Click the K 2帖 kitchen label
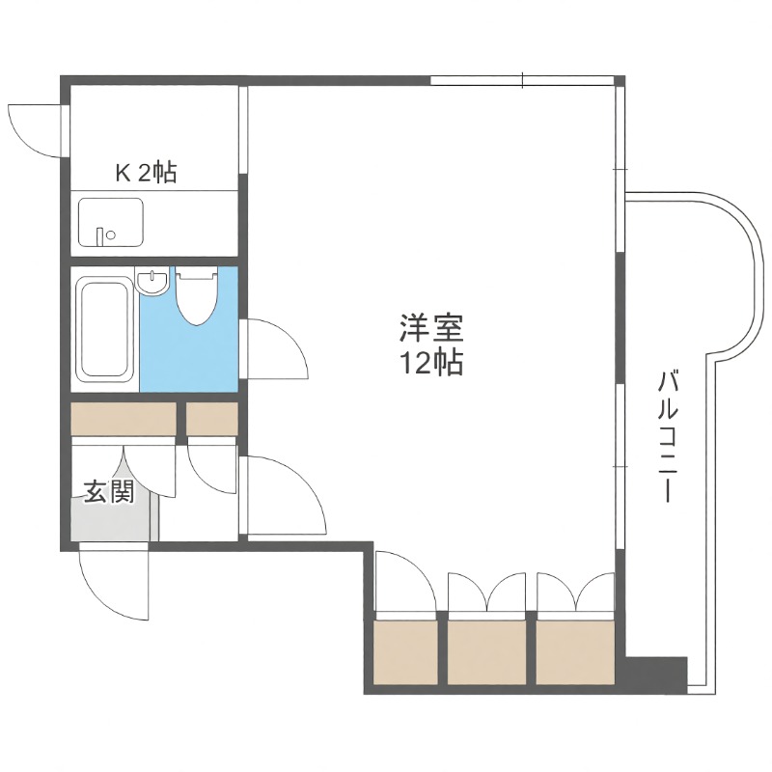pos(146,174)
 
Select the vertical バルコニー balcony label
pos(666,434)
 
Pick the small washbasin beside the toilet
pos(153,284)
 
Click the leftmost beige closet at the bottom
pos(405,651)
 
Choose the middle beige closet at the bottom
pos(488,651)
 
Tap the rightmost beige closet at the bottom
pos(575,651)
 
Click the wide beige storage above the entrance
pos(124,419)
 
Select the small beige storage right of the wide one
pos(211,419)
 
